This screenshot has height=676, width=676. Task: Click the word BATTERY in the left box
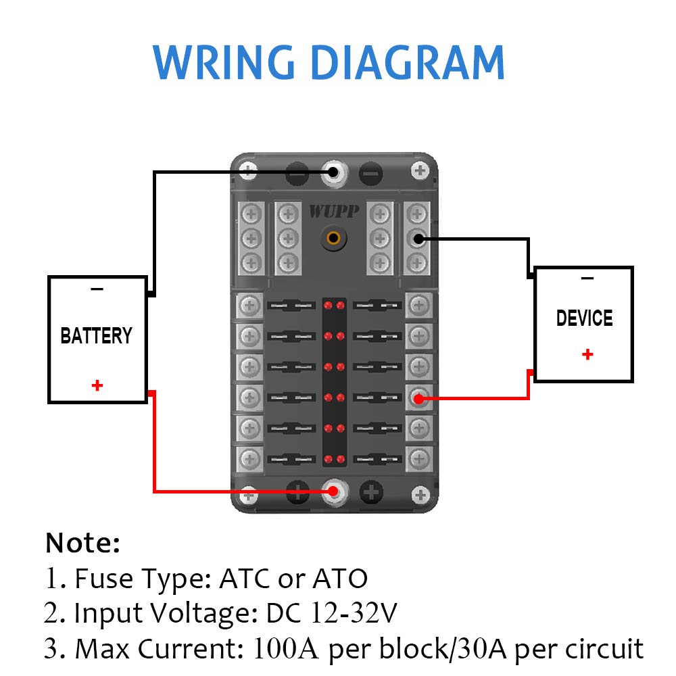(96, 336)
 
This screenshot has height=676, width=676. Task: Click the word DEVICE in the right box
(584, 318)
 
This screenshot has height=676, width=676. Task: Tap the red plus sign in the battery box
(97, 385)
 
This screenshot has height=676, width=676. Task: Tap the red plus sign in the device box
(587, 354)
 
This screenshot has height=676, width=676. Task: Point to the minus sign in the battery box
(97, 289)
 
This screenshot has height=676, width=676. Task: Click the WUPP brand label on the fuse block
(330, 212)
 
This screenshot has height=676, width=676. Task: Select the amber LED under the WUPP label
(333, 238)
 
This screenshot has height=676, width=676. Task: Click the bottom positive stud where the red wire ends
(332, 491)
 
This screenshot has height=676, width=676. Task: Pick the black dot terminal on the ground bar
(418, 238)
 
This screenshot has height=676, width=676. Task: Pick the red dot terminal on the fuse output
(418, 399)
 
